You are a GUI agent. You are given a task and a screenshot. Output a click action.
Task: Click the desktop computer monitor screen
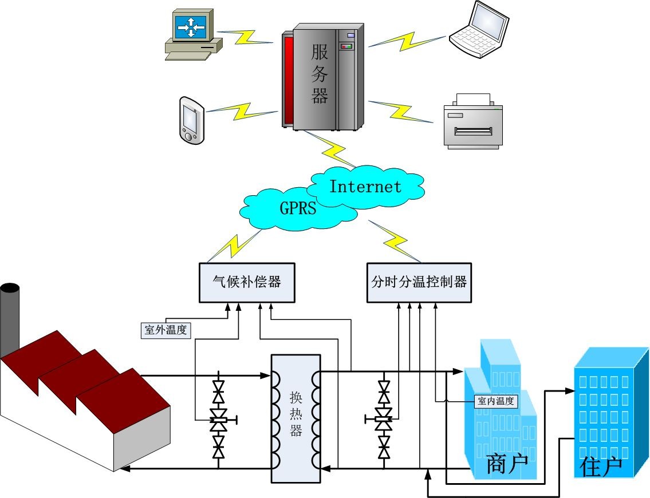pyautogui.click(x=190, y=26)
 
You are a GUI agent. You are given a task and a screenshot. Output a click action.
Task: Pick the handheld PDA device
pyautogui.click(x=190, y=120)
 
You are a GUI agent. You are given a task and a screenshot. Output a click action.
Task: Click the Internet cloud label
pyautogui.click(x=365, y=187)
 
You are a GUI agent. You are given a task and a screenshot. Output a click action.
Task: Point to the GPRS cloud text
pyautogui.click(x=297, y=207)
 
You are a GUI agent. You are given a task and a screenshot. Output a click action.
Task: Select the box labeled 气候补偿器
pyautogui.click(x=246, y=282)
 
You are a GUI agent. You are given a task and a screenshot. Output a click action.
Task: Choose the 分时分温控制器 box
pyautogui.click(x=419, y=282)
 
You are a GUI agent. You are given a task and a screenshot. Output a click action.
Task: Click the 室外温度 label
pyautogui.click(x=166, y=330)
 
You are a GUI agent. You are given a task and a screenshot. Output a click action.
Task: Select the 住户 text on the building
pyautogui.click(x=600, y=467)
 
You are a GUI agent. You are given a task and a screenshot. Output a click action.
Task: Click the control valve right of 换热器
pyautogui.click(x=384, y=419)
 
